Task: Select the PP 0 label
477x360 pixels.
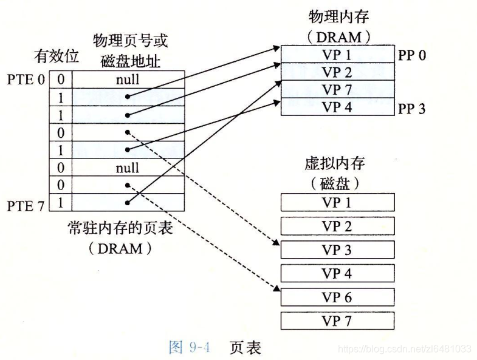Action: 412,56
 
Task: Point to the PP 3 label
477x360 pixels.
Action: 412,109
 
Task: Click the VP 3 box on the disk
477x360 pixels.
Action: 337,250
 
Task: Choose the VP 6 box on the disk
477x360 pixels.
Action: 337,297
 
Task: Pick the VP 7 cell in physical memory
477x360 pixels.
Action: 337,90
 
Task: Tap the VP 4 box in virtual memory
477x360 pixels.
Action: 337,273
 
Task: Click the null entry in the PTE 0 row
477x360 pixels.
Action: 127,80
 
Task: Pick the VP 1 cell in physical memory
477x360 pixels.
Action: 337,55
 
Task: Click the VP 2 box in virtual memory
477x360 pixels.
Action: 337,226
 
